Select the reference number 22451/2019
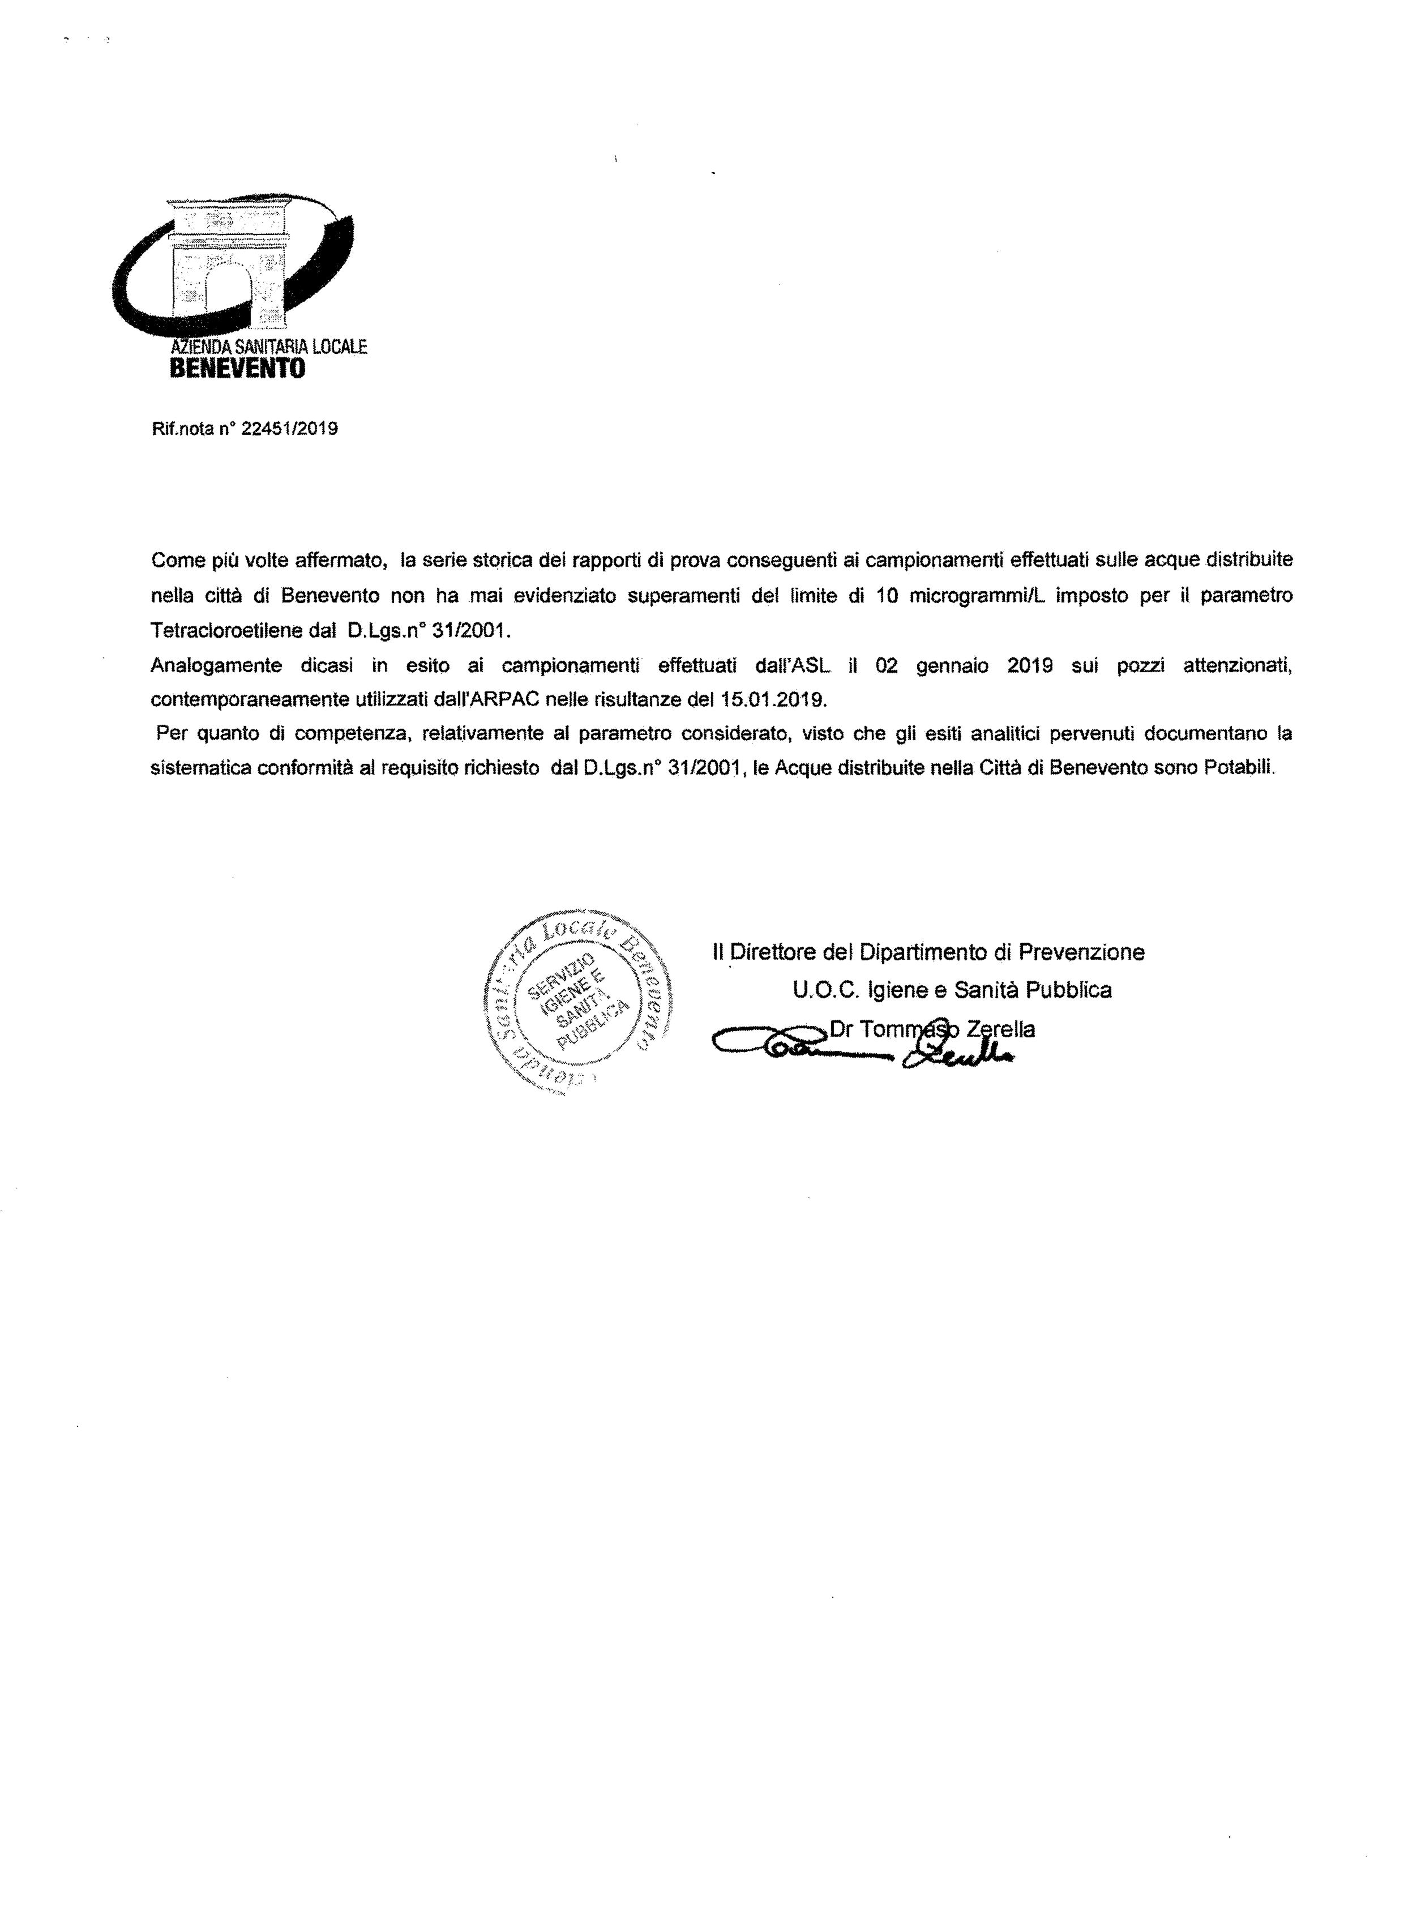pos(290,429)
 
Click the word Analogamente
pos(216,666)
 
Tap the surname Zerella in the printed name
pos(1007,1029)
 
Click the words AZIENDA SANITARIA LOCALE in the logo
pos(268,347)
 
